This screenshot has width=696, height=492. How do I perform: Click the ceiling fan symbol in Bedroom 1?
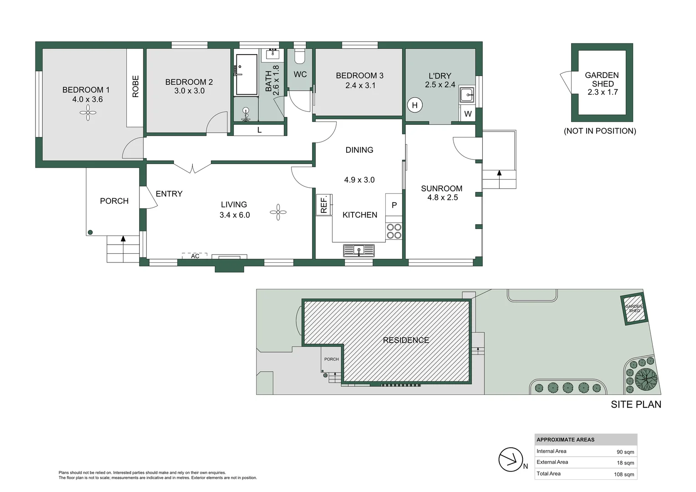[88, 113]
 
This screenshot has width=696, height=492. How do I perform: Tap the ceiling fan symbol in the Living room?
[278, 212]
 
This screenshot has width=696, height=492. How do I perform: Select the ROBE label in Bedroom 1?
[135, 87]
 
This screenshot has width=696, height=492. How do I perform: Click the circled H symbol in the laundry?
[415, 105]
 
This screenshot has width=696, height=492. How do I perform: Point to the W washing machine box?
[468, 114]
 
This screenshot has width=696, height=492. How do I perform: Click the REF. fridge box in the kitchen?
[324, 205]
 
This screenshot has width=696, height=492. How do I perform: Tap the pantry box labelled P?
[394, 205]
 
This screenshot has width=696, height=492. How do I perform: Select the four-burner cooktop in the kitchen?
[394, 231]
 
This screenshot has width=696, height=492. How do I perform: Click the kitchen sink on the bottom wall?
[359, 250]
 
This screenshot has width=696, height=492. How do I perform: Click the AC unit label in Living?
[195, 256]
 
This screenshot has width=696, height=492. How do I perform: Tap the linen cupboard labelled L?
[259, 130]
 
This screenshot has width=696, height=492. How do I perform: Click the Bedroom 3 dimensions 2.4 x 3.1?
[360, 85]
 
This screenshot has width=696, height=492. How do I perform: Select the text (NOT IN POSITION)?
[600, 131]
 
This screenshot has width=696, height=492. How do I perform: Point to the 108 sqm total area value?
[624, 474]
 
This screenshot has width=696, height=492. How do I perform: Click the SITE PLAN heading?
[636, 405]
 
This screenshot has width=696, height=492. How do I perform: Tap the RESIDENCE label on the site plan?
[406, 340]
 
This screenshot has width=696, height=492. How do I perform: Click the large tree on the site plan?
[646, 379]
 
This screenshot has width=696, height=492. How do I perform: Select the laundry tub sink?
[466, 95]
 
